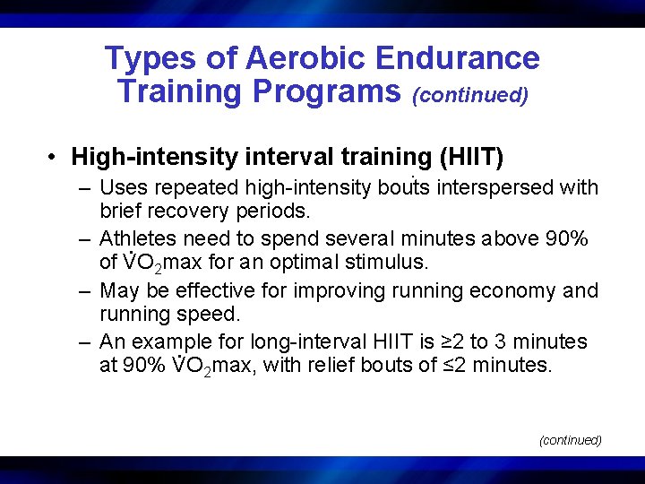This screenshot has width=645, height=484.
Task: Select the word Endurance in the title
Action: click(458, 58)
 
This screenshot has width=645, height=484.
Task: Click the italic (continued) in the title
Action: click(470, 94)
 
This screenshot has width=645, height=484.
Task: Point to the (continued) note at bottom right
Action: click(570, 440)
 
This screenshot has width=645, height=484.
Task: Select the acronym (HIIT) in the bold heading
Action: click(471, 158)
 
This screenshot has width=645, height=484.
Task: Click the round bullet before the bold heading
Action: click(55, 158)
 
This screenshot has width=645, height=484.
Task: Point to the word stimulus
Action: click(394, 264)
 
